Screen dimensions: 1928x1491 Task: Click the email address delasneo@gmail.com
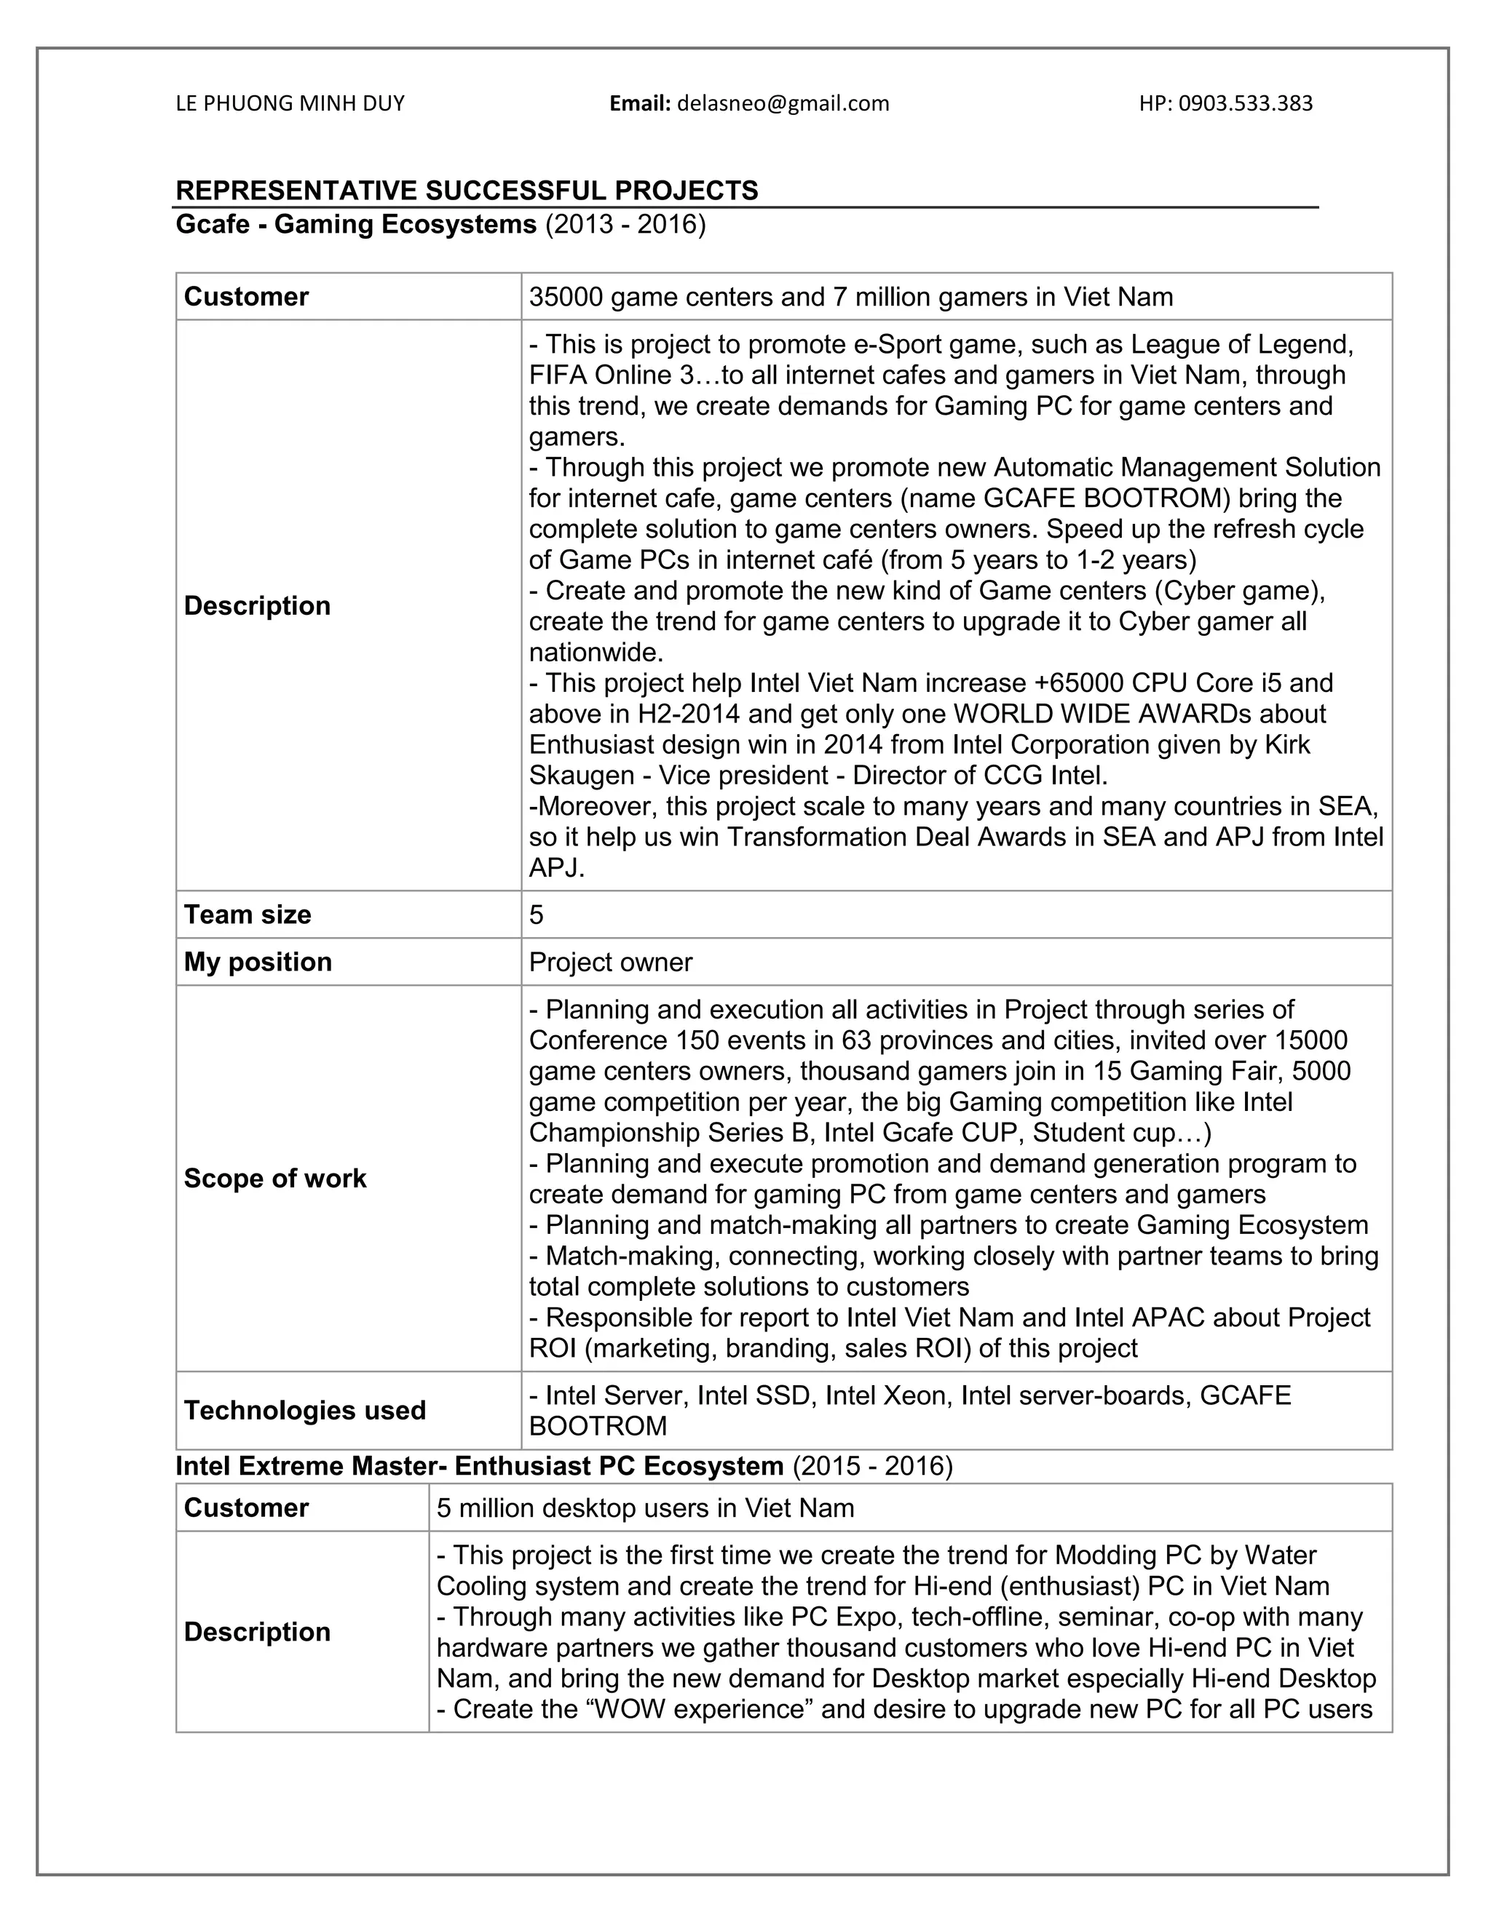[x=783, y=104]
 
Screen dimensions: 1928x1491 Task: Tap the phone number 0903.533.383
[x=1246, y=104]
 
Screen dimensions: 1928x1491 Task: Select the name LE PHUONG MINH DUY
[x=290, y=104]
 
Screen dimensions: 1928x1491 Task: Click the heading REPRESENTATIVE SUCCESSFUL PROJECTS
[x=467, y=190]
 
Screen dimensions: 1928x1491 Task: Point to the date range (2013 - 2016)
[x=625, y=224]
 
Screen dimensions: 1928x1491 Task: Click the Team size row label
[x=248, y=915]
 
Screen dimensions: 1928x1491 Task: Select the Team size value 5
[x=536, y=915]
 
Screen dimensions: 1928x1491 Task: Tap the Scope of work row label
[x=274, y=1179]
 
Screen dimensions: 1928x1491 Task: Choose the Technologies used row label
[x=305, y=1410]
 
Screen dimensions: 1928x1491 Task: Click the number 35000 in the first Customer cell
[x=565, y=297]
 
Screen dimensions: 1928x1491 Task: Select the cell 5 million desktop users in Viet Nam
[x=645, y=1507]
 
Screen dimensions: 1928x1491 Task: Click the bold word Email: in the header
[x=641, y=104]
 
